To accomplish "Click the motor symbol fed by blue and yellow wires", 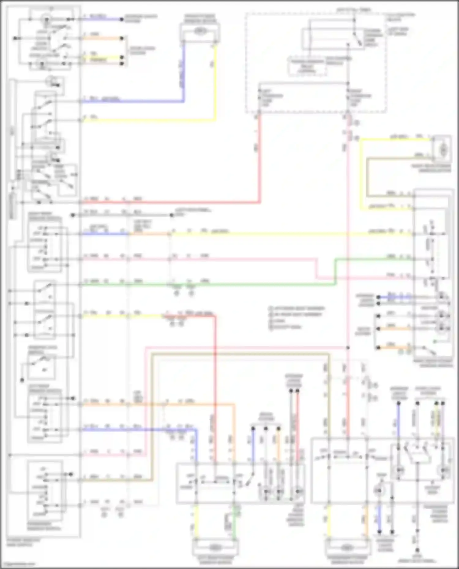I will (x=200, y=31).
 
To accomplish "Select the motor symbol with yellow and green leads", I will (x=215, y=546).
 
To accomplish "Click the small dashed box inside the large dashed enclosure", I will (x=307, y=66).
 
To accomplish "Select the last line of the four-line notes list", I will (x=286, y=327).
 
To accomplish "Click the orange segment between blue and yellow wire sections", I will (x=149, y=234).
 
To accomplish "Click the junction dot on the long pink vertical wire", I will (x=348, y=348).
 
